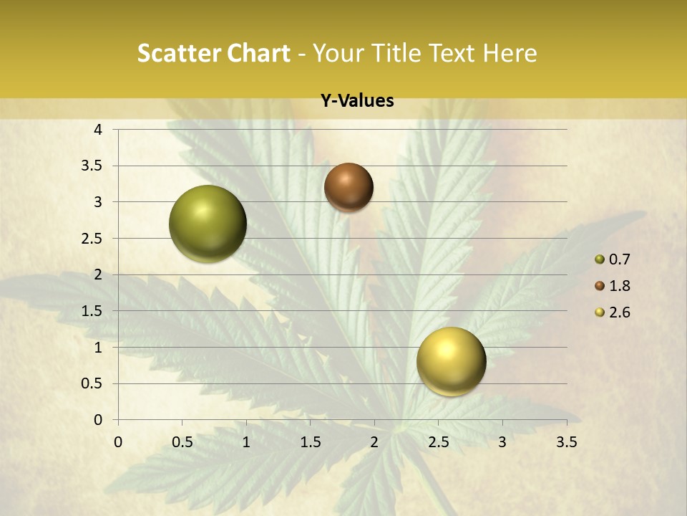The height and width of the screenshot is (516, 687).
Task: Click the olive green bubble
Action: [208, 224]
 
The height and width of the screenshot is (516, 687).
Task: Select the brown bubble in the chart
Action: [349, 187]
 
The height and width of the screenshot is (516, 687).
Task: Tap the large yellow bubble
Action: [451, 361]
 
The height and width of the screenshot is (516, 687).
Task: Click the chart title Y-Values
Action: [357, 101]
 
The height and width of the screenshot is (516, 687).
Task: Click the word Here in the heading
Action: [510, 53]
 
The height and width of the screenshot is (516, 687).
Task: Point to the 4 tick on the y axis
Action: [99, 130]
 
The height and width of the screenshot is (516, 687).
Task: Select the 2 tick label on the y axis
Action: [99, 274]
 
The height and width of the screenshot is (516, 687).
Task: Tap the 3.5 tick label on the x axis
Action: [566, 442]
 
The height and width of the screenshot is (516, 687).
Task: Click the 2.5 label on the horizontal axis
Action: [438, 442]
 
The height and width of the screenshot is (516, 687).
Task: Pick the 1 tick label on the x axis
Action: [246, 442]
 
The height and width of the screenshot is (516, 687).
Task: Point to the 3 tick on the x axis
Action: [502, 442]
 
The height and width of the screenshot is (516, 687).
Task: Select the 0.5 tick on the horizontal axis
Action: [182, 442]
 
